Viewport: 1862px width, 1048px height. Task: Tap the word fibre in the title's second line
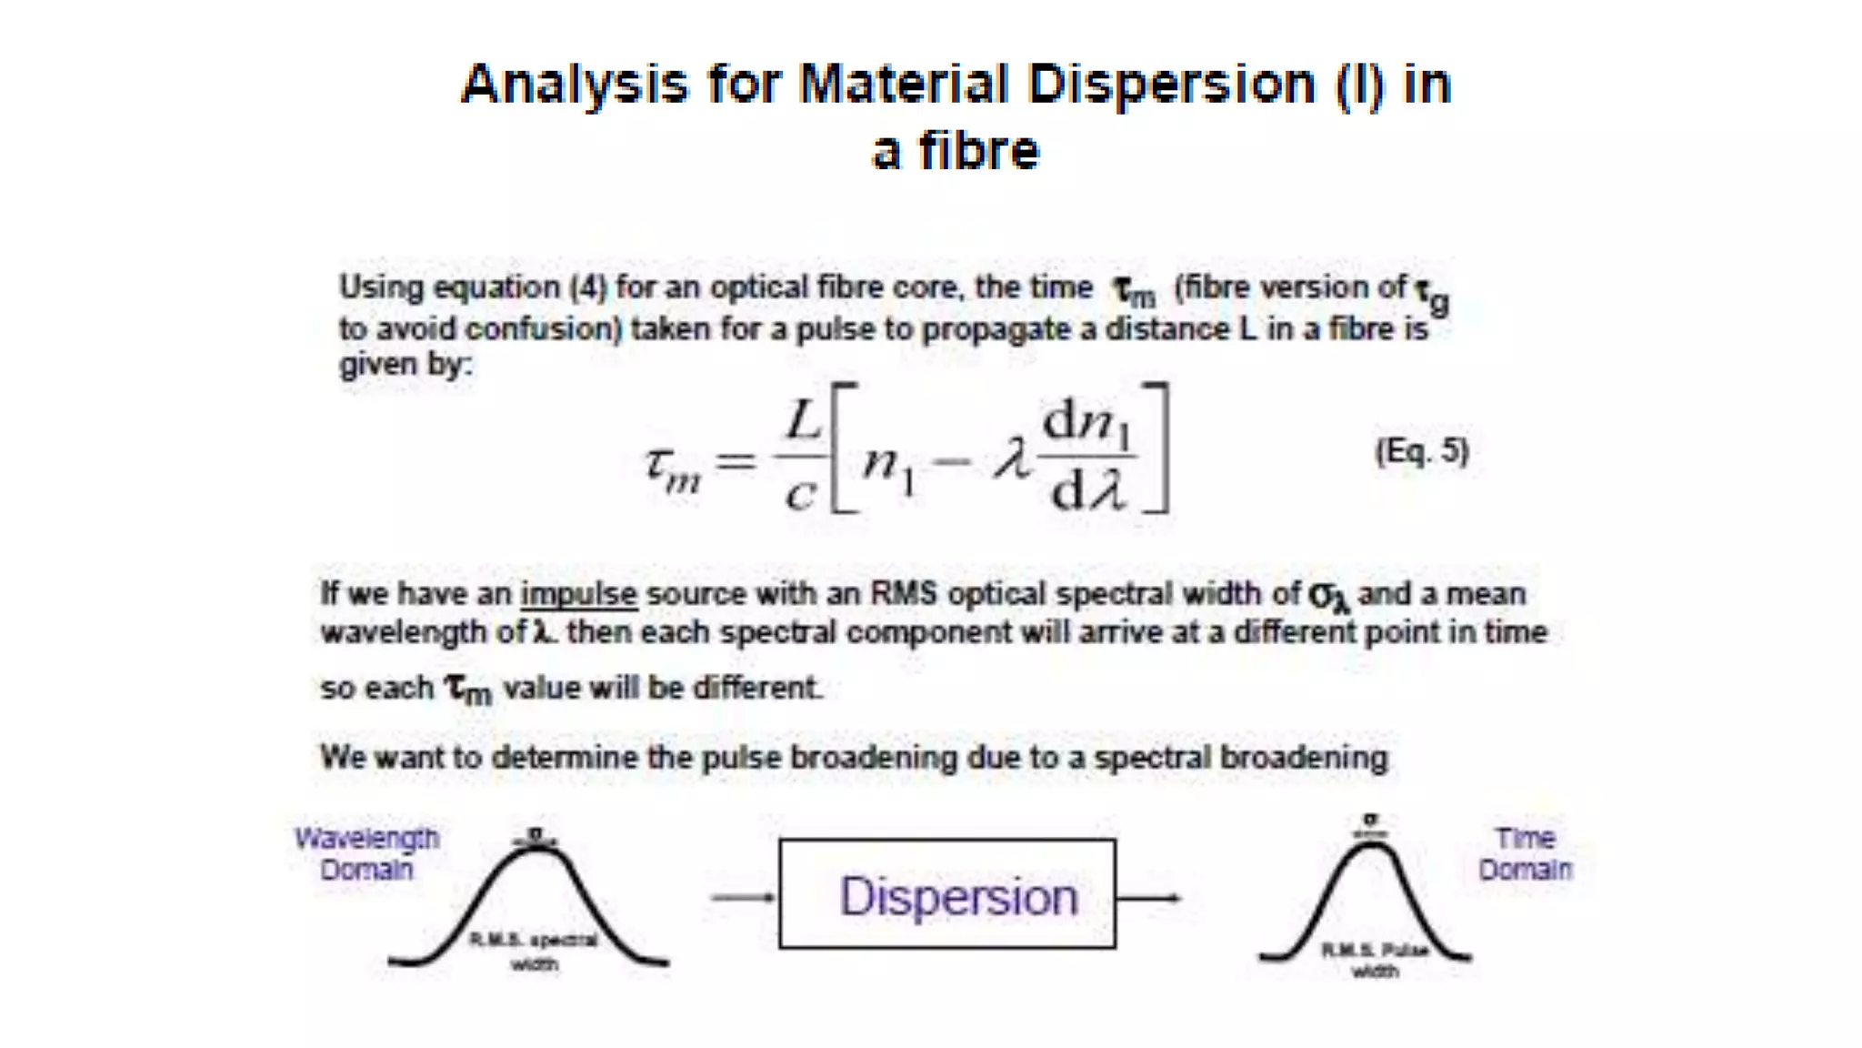pyautogui.click(x=978, y=151)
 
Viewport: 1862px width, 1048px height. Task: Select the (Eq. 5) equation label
pyautogui.click(x=1421, y=451)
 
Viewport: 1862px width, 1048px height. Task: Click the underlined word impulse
pyautogui.click(x=578, y=594)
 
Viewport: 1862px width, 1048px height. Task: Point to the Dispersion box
pyautogui.click(x=947, y=894)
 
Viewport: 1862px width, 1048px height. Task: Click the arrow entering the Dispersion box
pyautogui.click(x=743, y=898)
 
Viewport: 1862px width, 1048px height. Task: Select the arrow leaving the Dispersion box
pyautogui.click(x=1148, y=898)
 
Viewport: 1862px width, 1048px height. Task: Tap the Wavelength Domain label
pyautogui.click(x=366, y=853)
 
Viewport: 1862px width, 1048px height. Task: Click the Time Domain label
pyautogui.click(x=1525, y=853)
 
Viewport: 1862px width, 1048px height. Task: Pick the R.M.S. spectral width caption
pyautogui.click(x=534, y=951)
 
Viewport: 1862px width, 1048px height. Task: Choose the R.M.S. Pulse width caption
pyautogui.click(x=1374, y=961)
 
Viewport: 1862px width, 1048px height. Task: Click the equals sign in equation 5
pyautogui.click(x=735, y=461)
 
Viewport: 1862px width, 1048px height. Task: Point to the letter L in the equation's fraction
pyautogui.click(x=803, y=420)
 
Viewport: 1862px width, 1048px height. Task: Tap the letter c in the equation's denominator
pyautogui.click(x=800, y=496)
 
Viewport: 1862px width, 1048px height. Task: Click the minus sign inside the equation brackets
pyautogui.click(x=951, y=462)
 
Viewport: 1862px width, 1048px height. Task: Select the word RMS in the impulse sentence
pyautogui.click(x=903, y=594)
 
